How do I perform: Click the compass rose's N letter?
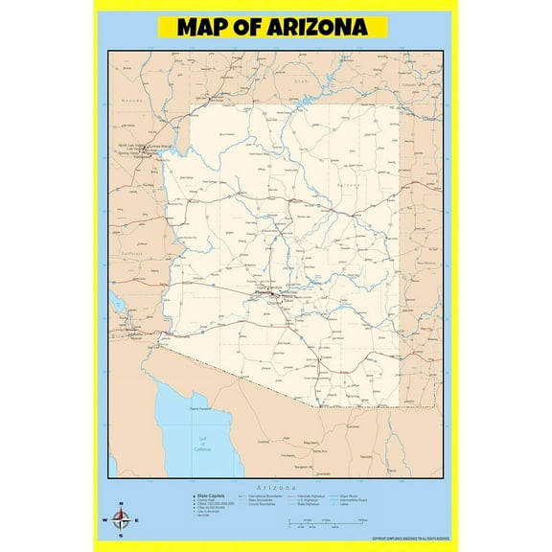pyautogui.click(x=121, y=506)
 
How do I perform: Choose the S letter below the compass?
pyautogui.click(x=121, y=537)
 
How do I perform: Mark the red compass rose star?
pyautogui.click(x=121, y=521)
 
